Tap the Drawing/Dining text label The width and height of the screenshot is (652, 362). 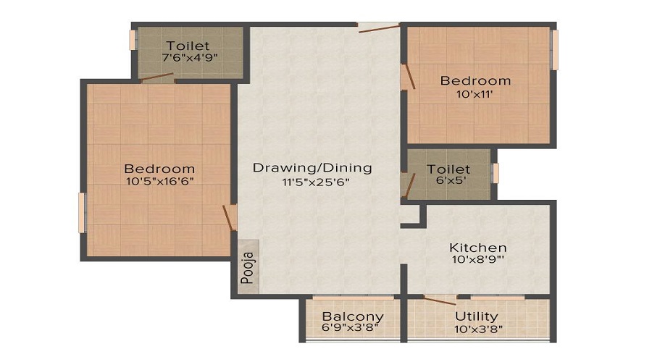[312, 168]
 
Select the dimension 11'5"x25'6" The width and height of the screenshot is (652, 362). [312, 182]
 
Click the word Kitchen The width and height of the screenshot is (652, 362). [477, 248]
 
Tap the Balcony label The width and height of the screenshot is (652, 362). [353, 316]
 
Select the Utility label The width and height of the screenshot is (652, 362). [476, 316]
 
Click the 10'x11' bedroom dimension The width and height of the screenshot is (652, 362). [475, 95]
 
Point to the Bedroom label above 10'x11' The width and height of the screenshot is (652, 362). [475, 80]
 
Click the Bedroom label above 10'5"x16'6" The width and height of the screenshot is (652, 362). [159, 169]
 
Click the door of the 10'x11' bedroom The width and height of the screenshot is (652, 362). [409, 77]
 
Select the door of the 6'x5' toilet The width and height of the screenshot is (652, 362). [409, 185]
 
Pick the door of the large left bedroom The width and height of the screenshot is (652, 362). [230, 217]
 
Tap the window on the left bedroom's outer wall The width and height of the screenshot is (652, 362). [82, 213]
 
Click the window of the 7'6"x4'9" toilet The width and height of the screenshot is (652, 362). [133, 40]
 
